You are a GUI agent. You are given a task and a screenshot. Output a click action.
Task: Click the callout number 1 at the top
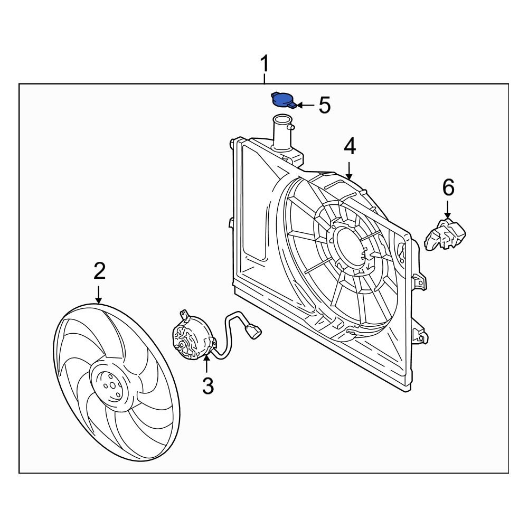pos(265,65)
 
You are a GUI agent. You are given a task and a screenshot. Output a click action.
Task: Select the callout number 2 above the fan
pos(99,271)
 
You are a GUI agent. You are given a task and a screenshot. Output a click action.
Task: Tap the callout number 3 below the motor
pos(208,386)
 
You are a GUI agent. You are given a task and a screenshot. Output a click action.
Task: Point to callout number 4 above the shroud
pos(350,147)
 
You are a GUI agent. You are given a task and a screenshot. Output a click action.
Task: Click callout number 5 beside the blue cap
pos(324,106)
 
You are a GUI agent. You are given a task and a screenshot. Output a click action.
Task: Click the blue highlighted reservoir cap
pos(283,99)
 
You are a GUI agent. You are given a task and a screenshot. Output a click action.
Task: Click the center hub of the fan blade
pos(108,386)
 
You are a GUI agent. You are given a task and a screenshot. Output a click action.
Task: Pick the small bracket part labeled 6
pos(445,234)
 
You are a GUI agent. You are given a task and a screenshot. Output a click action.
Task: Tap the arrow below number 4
pos(350,168)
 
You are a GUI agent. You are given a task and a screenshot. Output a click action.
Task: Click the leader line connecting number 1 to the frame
pos(265,79)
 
